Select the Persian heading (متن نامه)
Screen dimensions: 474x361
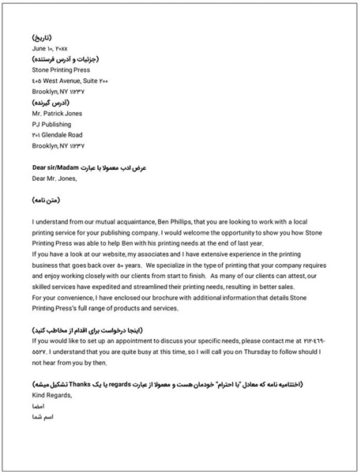[48, 202]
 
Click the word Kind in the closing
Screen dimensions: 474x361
[40, 394]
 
